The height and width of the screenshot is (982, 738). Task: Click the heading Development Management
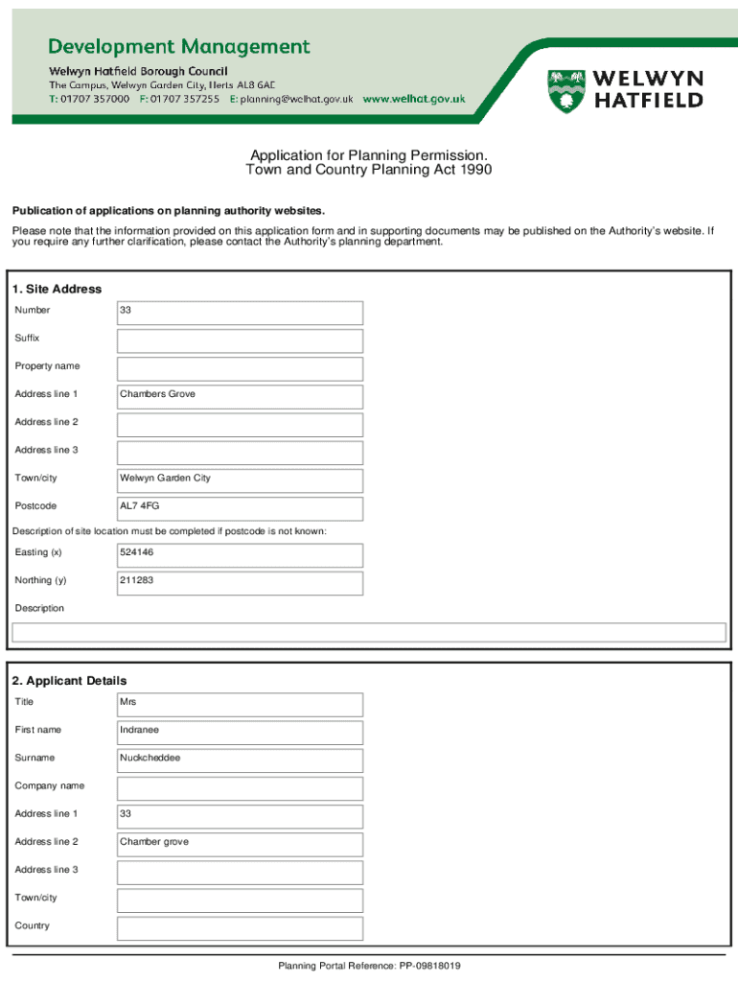click(179, 46)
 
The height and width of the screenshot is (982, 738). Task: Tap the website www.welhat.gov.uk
click(414, 99)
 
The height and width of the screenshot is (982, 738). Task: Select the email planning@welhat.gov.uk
click(297, 99)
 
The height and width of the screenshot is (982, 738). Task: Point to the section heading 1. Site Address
click(57, 289)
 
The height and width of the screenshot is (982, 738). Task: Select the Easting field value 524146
click(240, 553)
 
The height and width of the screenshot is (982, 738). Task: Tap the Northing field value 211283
click(240, 581)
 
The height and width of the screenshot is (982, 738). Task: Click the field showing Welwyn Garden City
click(240, 479)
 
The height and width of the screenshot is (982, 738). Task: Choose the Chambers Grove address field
click(240, 395)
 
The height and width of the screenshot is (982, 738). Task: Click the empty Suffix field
click(240, 339)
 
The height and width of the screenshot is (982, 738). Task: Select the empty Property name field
click(240, 367)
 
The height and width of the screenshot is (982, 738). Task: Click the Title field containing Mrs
click(240, 703)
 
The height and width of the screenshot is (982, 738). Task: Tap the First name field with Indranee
click(240, 731)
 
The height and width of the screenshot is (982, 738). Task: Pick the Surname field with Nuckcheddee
click(240, 759)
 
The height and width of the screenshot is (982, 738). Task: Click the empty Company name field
click(240, 787)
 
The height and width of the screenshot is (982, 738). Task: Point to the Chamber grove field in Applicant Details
click(240, 843)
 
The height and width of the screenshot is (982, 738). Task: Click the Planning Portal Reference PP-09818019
click(369, 966)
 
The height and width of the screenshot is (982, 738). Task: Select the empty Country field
click(240, 927)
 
